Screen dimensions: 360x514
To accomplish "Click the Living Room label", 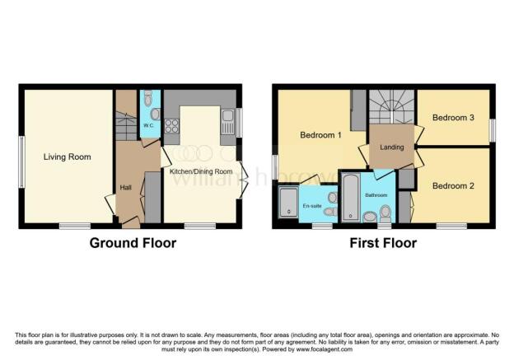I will click(68, 157).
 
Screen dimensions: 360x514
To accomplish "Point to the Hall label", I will click(126, 188).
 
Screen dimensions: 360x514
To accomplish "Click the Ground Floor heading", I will click(133, 243).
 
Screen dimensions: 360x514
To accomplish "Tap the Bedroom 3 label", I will click(453, 118).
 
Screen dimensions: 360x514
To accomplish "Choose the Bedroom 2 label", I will click(453, 185).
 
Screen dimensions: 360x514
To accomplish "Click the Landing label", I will click(390, 147).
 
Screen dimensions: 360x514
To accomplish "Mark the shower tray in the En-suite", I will click(289, 203).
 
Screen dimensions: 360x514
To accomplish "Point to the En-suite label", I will click(312, 206).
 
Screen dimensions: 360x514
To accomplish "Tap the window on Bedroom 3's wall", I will click(493, 130).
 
